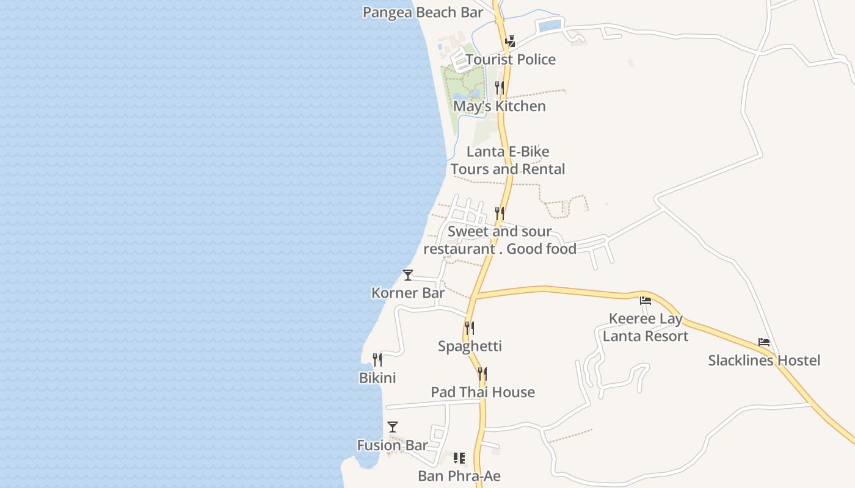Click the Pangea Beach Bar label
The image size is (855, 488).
[x=423, y=12]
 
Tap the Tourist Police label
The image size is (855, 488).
[x=511, y=59]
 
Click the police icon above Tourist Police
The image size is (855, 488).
[x=510, y=41]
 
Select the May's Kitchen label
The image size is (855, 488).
[x=500, y=106]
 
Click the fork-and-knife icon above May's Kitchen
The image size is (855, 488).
[x=500, y=88]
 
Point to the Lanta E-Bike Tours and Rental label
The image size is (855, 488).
[x=508, y=160]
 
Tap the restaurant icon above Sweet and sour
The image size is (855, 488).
[x=500, y=213]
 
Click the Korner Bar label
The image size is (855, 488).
[x=408, y=293]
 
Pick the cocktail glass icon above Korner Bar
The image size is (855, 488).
[x=408, y=275]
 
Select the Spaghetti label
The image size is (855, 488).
[x=470, y=346]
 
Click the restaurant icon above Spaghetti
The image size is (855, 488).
[x=469, y=328]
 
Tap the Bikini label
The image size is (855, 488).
[x=377, y=378]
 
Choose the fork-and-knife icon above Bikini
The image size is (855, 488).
[x=377, y=360]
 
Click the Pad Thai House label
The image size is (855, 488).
[x=482, y=392]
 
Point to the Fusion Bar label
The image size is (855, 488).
[x=392, y=445]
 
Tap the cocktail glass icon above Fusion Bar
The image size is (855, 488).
[x=393, y=427]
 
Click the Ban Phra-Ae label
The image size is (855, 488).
[x=459, y=476]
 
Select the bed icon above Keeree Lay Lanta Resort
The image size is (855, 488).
[x=646, y=301]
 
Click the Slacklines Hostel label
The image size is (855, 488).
[x=764, y=361]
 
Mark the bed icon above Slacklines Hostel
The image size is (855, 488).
[x=764, y=342]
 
